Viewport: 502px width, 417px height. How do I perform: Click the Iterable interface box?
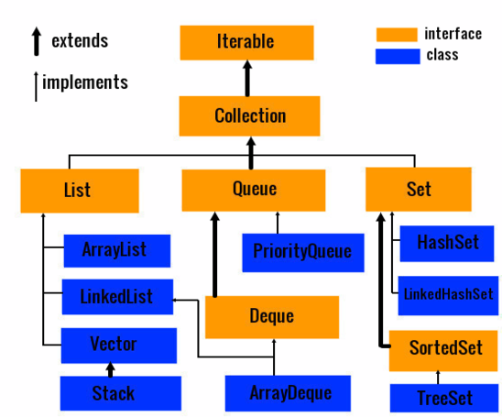246,42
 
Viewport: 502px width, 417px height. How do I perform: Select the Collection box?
249,116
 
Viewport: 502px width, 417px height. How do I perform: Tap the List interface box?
80,191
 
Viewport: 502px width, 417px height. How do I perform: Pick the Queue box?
254,191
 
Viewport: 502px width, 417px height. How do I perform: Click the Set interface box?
419,190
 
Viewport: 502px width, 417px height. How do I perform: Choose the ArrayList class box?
117,251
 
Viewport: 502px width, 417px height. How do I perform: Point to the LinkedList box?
117,297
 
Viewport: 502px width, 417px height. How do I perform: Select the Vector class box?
119,346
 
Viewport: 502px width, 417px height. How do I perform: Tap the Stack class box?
121,393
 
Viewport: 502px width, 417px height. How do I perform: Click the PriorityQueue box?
303,253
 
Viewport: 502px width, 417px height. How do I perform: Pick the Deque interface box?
272,317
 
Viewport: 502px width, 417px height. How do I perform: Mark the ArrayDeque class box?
288,393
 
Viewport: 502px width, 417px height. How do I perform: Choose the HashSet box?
447,244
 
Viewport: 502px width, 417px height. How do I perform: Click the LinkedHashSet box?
448,296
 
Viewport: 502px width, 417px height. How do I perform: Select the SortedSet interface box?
443,351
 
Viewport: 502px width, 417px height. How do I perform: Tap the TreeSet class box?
444,398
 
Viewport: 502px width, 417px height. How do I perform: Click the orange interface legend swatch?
397,35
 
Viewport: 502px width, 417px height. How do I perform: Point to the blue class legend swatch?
398,57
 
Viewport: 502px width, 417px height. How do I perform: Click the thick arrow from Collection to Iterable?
247,78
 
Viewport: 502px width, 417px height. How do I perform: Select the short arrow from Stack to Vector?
111,369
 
